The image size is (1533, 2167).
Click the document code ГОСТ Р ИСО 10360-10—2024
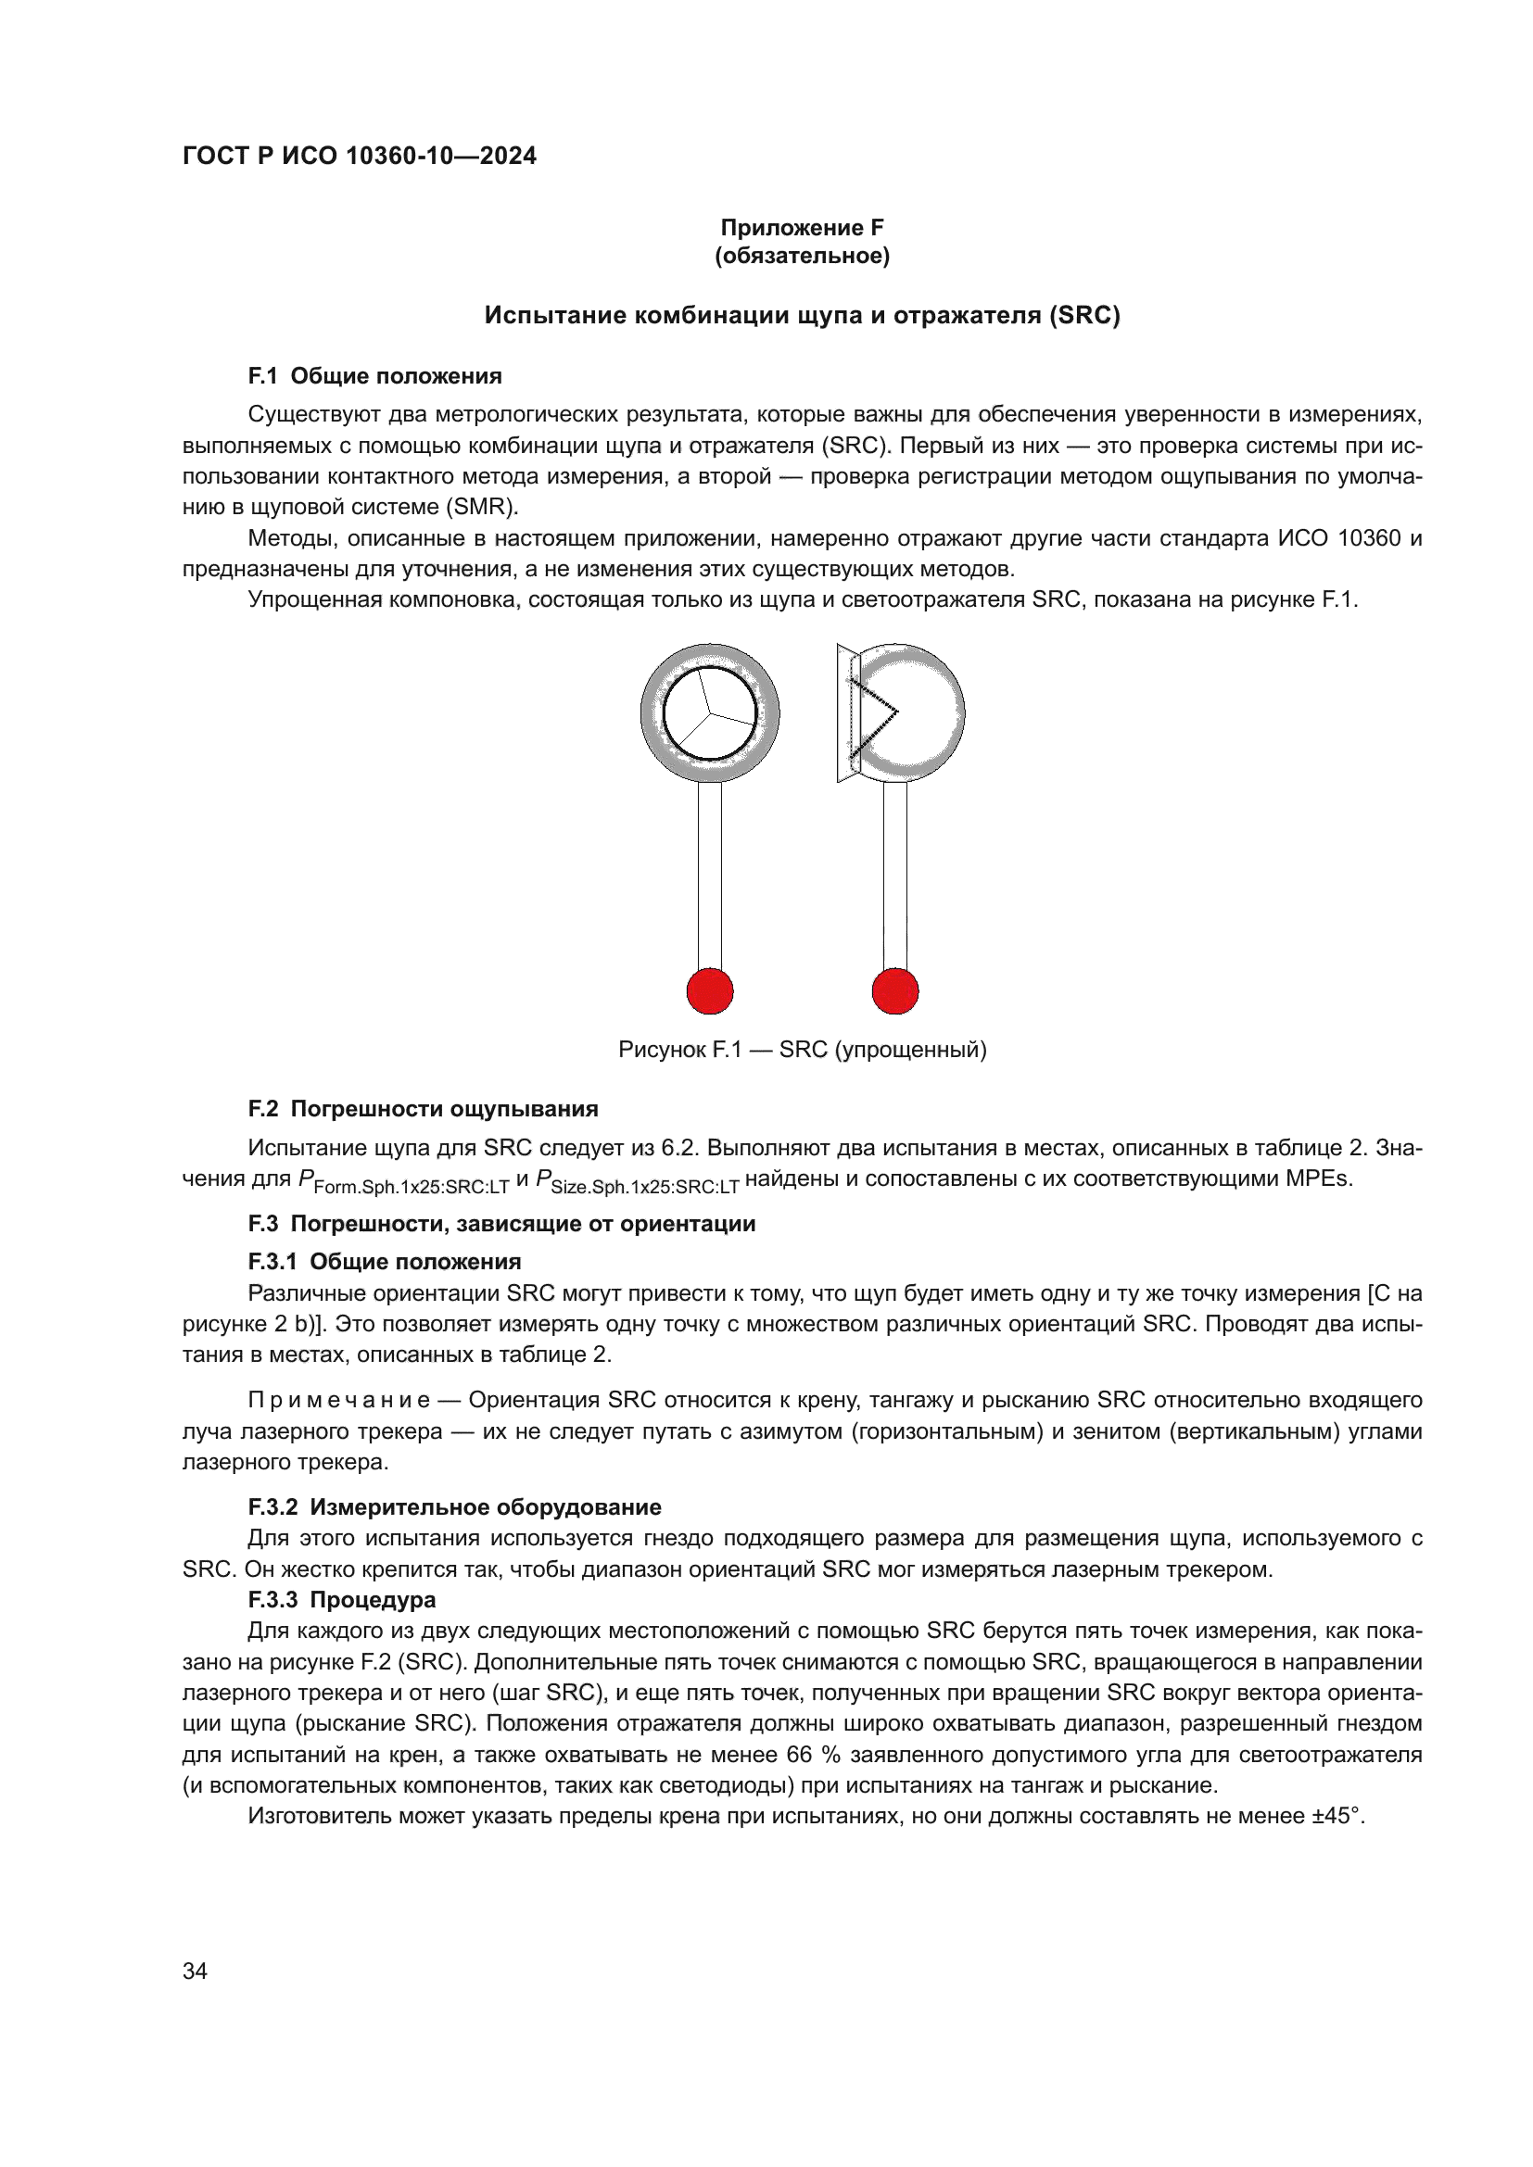point(359,156)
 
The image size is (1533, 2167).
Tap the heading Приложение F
point(802,228)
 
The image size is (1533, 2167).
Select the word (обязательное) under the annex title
point(802,256)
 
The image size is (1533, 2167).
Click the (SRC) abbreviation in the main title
point(1083,315)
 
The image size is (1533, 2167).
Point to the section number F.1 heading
point(262,375)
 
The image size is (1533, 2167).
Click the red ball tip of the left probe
point(710,991)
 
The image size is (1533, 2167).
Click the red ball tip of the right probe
point(895,991)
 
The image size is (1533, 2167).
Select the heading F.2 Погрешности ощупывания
point(423,1109)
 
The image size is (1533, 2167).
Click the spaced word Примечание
point(339,1400)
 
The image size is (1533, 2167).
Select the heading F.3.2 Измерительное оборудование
point(454,1507)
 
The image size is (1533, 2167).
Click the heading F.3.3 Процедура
point(342,1600)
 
